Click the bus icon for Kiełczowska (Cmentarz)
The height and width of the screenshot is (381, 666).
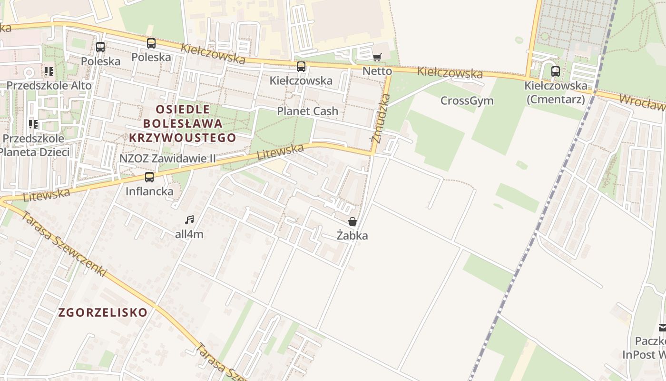(555, 71)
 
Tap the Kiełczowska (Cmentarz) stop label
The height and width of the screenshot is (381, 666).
(556, 92)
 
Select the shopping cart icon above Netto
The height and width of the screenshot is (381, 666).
(377, 57)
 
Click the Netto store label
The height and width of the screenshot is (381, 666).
(377, 71)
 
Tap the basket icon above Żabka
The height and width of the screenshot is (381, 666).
(353, 221)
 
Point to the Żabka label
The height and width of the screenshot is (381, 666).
(352, 235)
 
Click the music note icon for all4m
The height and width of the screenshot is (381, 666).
(189, 220)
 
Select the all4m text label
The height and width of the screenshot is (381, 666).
(189, 234)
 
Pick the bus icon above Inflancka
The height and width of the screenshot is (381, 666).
(149, 177)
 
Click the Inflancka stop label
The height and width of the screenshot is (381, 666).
(149, 191)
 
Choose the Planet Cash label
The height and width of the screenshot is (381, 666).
(308, 111)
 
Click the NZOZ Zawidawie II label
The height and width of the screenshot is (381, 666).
(167, 158)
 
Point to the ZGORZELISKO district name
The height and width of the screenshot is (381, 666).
(103, 312)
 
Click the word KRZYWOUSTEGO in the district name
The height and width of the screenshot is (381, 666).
(182, 138)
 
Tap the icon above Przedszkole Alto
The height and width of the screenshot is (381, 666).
(49, 71)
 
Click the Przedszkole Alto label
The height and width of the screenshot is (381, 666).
(49, 86)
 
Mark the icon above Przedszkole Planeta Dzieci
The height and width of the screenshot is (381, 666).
(33, 124)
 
